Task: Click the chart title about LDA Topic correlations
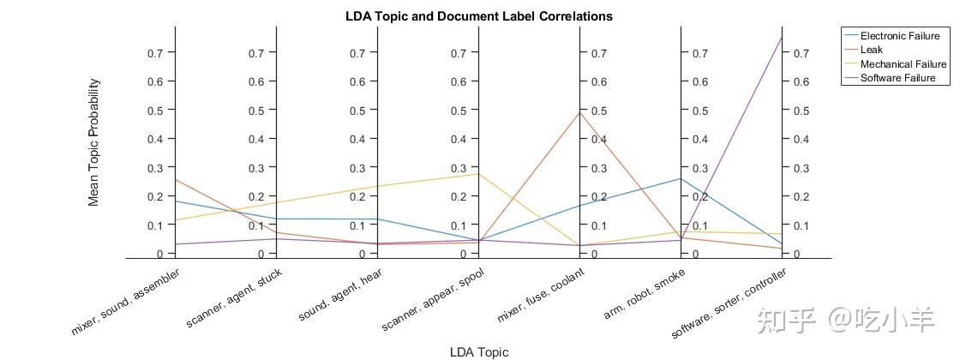click(479, 16)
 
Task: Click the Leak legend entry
click(872, 50)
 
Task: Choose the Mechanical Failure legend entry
click(903, 64)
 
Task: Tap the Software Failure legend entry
click(897, 78)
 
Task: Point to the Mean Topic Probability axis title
click(94, 142)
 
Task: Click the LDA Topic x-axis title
click(479, 351)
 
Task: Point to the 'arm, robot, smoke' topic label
click(643, 292)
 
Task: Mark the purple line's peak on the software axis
click(782, 37)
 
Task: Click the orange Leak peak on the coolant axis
click(579, 112)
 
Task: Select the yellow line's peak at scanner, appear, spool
click(478, 174)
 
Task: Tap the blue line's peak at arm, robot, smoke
click(681, 178)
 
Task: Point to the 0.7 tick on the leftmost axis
click(155, 53)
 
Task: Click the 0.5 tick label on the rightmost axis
click(801, 111)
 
